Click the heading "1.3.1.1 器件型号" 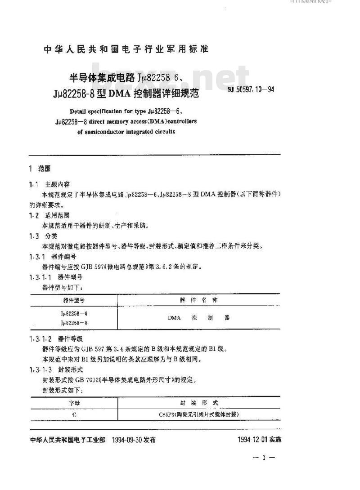click(54, 277)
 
